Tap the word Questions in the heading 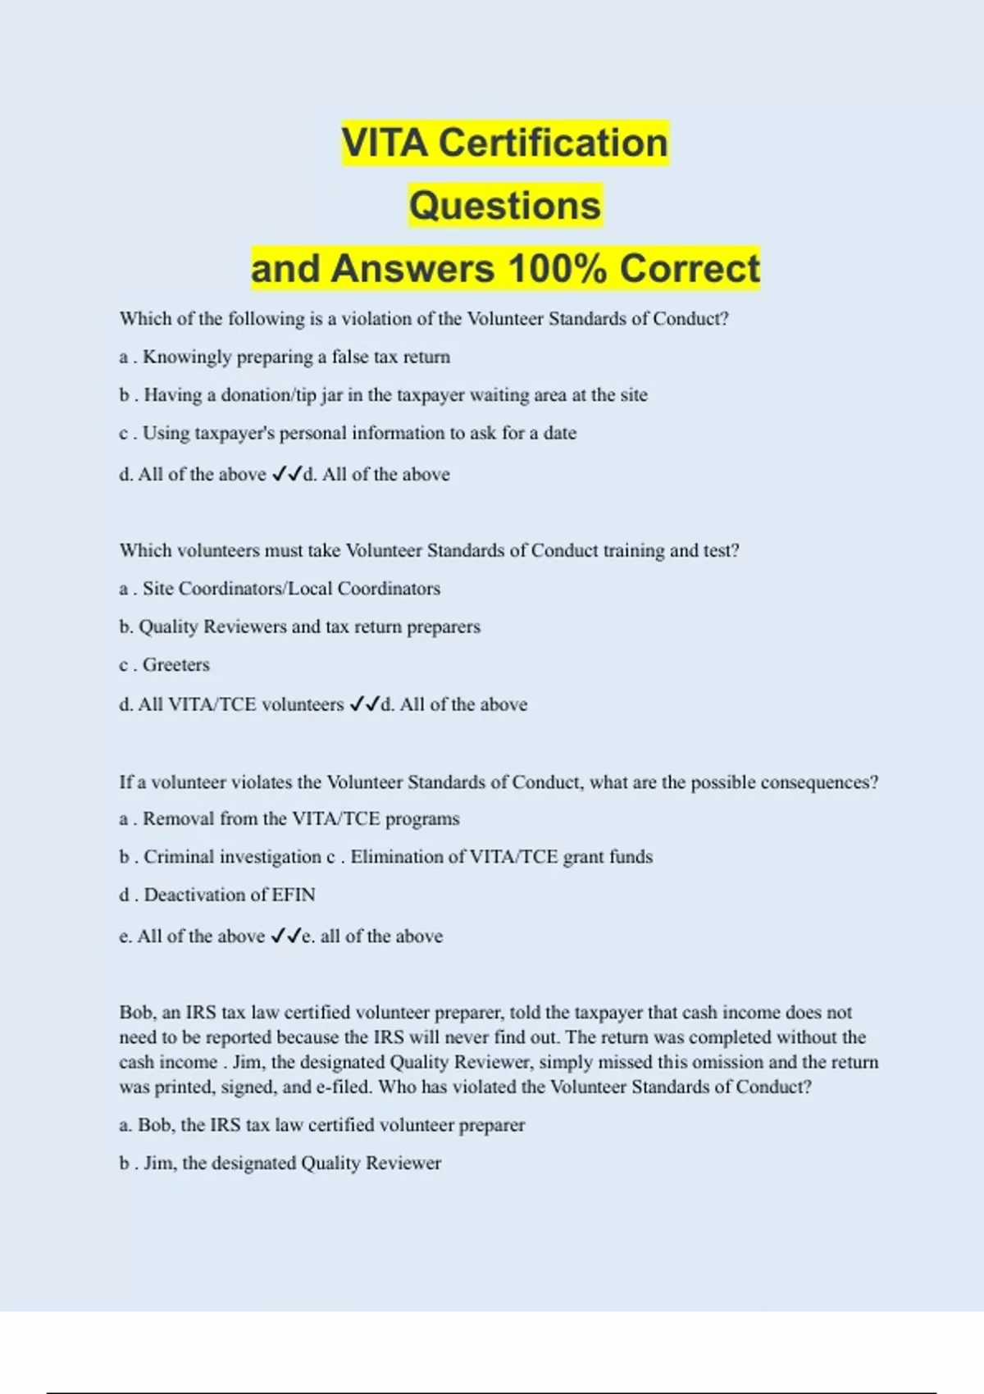click(505, 206)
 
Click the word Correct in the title click(690, 269)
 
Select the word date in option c click(560, 433)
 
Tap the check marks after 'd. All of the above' click(286, 474)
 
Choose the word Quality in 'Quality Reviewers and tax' click(168, 627)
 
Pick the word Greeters click(176, 665)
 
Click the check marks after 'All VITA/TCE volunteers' click(364, 704)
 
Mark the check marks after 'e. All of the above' click(285, 936)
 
